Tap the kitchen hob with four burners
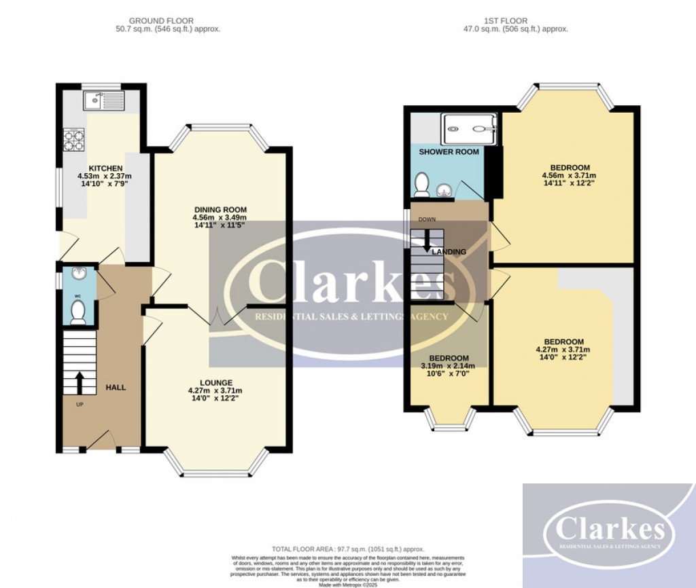[x=73, y=139]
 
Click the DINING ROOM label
[x=220, y=209]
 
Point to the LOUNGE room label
[x=216, y=382]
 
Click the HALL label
[x=116, y=388]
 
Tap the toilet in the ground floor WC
[x=78, y=312]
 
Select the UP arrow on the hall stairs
[x=79, y=382]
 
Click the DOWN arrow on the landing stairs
[x=427, y=240]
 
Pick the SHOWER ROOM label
[x=449, y=152]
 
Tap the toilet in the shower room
[x=422, y=183]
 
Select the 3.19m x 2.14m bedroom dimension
[x=448, y=366]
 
